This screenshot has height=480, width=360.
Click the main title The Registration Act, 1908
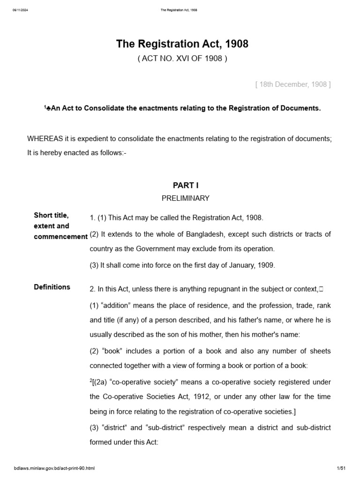click(182, 44)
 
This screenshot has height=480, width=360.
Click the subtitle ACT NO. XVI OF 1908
click(182, 59)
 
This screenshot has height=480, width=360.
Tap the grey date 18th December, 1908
click(293, 84)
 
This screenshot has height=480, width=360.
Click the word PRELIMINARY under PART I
click(186, 198)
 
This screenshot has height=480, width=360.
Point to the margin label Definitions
click(52, 287)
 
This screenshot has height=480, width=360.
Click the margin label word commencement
click(60, 237)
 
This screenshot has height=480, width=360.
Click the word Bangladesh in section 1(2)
click(195, 234)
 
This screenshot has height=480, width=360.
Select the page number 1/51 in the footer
click(341, 468)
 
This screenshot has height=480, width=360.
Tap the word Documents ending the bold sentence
click(303, 108)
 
